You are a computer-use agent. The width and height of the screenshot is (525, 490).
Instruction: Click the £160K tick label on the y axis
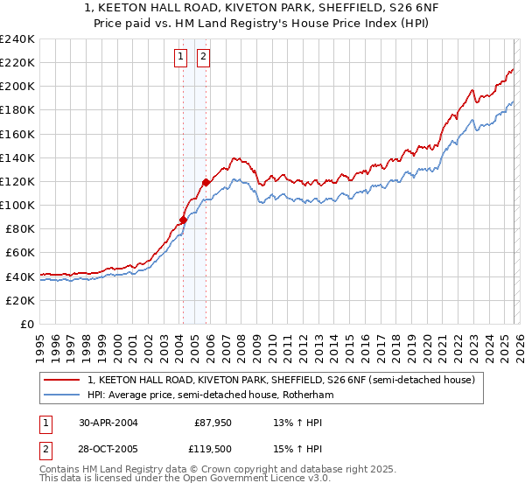tap(17, 134)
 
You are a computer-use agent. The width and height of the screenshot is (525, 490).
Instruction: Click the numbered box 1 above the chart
tap(181, 58)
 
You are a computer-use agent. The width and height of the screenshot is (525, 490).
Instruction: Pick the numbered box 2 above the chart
tap(203, 58)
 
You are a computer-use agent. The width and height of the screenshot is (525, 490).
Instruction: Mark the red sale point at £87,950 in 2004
tap(183, 220)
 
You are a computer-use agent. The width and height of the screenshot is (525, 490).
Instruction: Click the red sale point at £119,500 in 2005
tap(206, 182)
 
